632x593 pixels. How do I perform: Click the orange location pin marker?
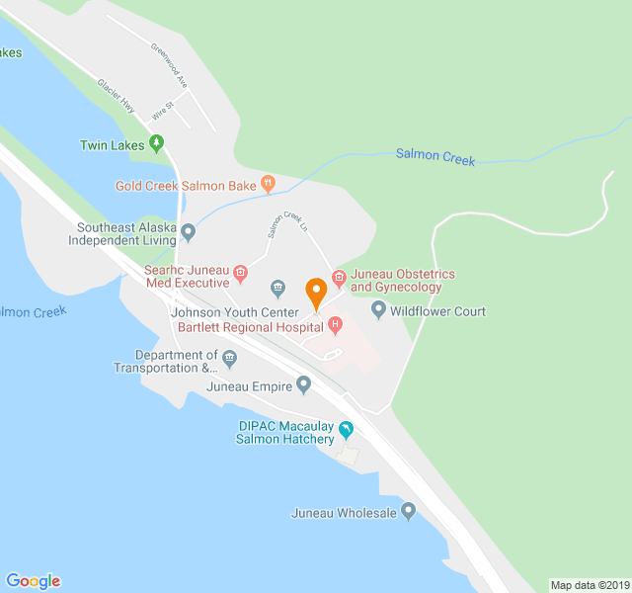(316, 293)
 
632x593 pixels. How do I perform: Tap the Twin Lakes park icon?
(156, 144)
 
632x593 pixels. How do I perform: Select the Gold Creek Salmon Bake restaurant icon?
(267, 183)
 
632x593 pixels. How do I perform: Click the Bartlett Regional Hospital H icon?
(335, 324)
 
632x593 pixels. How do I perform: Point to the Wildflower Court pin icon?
(377, 310)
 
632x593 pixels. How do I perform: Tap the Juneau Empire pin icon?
(303, 384)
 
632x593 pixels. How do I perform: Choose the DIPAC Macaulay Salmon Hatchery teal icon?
(346, 430)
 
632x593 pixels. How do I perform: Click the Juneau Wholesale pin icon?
(408, 511)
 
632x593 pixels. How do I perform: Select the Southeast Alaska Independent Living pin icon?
(189, 232)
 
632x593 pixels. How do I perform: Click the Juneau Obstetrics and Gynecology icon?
(339, 277)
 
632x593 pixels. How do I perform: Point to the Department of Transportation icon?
(230, 358)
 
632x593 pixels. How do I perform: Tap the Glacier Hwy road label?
(116, 95)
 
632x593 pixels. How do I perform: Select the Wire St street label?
(162, 110)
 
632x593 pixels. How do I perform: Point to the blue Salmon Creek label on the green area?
(435, 156)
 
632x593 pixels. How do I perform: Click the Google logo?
(33, 581)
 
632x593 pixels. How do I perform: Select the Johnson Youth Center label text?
(234, 312)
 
